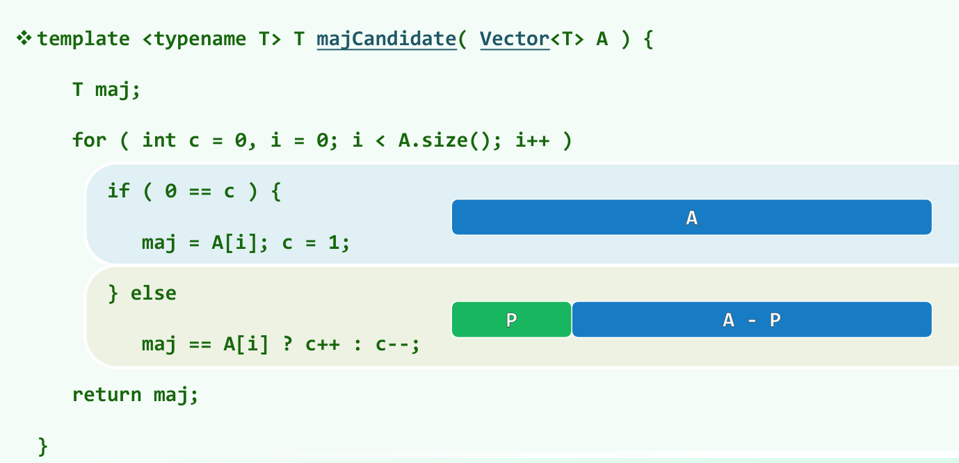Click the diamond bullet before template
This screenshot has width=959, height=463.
(24, 38)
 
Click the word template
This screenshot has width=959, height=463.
(83, 39)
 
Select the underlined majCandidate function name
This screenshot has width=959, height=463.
(387, 40)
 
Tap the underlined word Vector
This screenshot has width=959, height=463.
(515, 40)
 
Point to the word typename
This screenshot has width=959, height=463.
(200, 40)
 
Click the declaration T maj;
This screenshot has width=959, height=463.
(106, 90)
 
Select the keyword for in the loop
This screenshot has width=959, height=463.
(89, 140)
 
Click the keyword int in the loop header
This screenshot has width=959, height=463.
(159, 140)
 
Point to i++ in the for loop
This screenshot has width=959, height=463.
(532, 140)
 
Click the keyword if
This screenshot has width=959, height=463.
(119, 190)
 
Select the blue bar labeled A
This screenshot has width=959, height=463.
(692, 217)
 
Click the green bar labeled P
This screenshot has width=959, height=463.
(512, 319)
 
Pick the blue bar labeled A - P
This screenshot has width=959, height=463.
(752, 319)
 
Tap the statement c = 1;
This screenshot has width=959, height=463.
(316, 243)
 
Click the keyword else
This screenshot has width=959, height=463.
(153, 293)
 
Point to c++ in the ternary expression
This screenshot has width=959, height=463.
(323, 344)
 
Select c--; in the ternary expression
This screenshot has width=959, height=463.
(398, 345)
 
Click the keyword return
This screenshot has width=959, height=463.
(106, 395)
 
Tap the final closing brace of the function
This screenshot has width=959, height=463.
(43, 447)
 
